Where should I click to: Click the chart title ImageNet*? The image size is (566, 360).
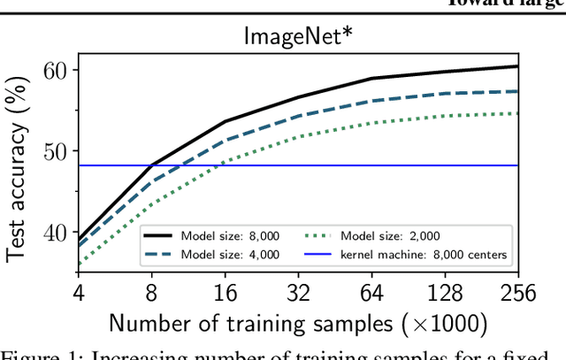click(x=298, y=36)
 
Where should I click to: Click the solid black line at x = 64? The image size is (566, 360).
click(x=371, y=79)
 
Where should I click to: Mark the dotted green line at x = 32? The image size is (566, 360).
click(x=298, y=136)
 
